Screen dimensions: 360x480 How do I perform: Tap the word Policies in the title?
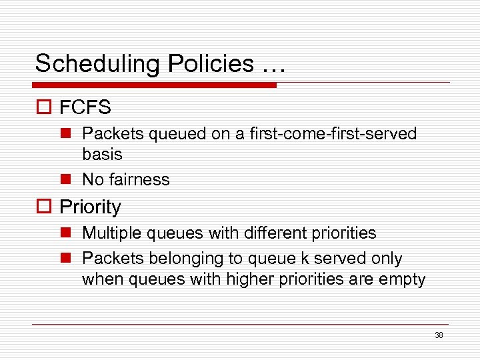point(211,64)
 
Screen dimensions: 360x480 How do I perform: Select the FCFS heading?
point(85,107)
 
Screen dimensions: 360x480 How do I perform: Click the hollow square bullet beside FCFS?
point(44,107)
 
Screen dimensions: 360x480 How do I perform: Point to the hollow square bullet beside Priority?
point(44,207)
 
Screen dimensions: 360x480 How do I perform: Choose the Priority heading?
point(91,207)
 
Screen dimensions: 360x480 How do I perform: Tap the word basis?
point(102,154)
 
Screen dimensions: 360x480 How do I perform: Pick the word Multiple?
point(109,233)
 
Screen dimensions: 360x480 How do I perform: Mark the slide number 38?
point(439,335)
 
